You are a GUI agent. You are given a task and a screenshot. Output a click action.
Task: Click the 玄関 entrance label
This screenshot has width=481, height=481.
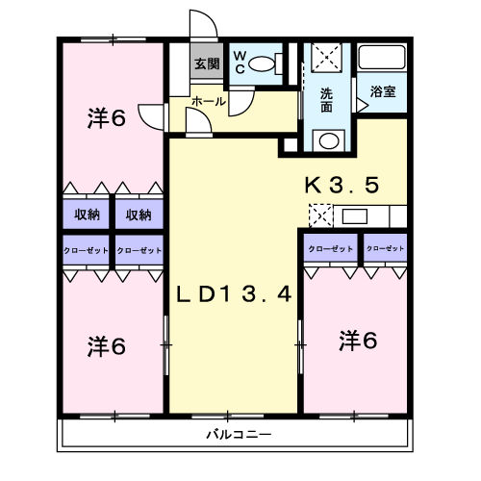[x=207, y=63]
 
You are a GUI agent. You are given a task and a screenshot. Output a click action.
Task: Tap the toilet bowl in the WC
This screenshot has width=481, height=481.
[x=262, y=63]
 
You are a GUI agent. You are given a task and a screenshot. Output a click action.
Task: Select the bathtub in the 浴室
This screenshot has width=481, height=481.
[x=382, y=58]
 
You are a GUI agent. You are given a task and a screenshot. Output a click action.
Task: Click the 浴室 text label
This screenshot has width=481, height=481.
[x=383, y=91]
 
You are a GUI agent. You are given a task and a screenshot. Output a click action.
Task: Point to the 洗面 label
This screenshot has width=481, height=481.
[x=326, y=100]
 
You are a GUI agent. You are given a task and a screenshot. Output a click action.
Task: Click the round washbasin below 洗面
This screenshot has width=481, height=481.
[x=329, y=141]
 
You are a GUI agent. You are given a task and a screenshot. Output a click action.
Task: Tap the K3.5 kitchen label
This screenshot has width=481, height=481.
[x=342, y=185]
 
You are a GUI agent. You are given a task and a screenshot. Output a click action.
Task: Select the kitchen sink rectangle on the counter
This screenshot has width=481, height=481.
[x=354, y=216]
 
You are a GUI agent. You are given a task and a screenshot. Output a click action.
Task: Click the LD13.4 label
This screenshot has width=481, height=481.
[x=234, y=294]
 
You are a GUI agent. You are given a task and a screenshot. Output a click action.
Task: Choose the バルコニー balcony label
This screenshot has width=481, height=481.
[x=239, y=435]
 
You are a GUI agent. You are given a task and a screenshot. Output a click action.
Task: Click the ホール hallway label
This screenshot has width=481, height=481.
[x=209, y=102]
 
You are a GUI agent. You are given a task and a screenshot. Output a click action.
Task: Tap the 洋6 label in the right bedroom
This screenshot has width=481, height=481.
[x=358, y=341]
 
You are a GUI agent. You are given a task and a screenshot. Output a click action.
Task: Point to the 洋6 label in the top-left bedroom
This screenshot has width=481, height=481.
[x=106, y=118]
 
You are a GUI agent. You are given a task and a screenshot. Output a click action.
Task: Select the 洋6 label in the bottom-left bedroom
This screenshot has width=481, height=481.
[x=106, y=346]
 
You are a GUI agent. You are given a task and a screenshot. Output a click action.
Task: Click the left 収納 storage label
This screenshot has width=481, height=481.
[x=87, y=215]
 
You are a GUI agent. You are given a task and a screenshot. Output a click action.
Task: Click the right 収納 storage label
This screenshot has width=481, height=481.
[x=139, y=215]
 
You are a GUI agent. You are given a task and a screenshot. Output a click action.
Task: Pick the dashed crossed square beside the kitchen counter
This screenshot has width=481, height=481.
[x=321, y=215]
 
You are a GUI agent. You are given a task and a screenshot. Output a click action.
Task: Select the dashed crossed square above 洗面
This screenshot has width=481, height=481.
[x=326, y=58]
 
